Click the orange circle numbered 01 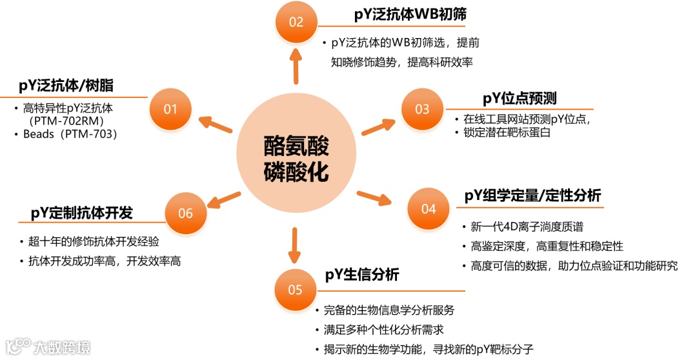[x=170, y=109]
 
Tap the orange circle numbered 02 [x=296, y=22]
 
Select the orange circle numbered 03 [x=422, y=109]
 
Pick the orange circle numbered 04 [x=429, y=208]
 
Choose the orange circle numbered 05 [x=295, y=290]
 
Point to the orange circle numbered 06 [x=185, y=213]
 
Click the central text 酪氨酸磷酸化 [x=296, y=159]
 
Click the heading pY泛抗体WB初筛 [x=410, y=15]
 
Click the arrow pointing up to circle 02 [x=296, y=65]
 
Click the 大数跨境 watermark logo [x=48, y=346]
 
